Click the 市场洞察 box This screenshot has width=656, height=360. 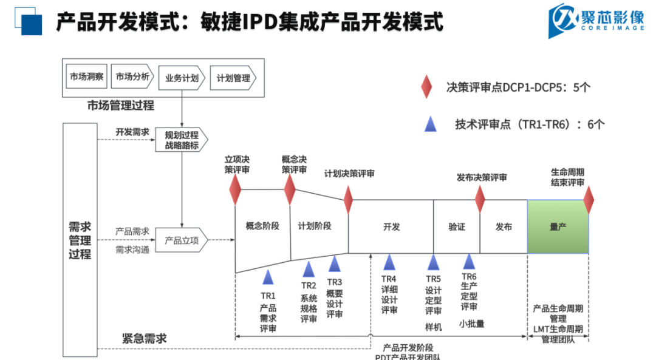86,77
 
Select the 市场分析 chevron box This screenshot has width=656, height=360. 132,77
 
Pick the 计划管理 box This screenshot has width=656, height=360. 233,78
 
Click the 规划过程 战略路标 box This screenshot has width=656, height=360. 182,140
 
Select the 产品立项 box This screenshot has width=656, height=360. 182,240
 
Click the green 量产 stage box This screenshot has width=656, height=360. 558,226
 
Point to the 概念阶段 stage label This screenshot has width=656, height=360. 262,226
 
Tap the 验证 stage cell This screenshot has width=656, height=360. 457,226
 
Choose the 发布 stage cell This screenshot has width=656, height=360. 504,226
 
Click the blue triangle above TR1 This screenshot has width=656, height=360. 268,277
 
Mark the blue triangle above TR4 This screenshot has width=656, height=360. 389,262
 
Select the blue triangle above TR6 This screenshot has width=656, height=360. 469,261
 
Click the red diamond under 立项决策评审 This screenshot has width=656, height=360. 235,189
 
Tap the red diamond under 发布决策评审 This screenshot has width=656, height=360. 480,199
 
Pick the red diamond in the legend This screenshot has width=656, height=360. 427,87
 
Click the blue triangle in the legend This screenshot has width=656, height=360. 431,124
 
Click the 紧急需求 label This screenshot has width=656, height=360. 144,338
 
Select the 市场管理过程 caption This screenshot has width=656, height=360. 120,106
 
